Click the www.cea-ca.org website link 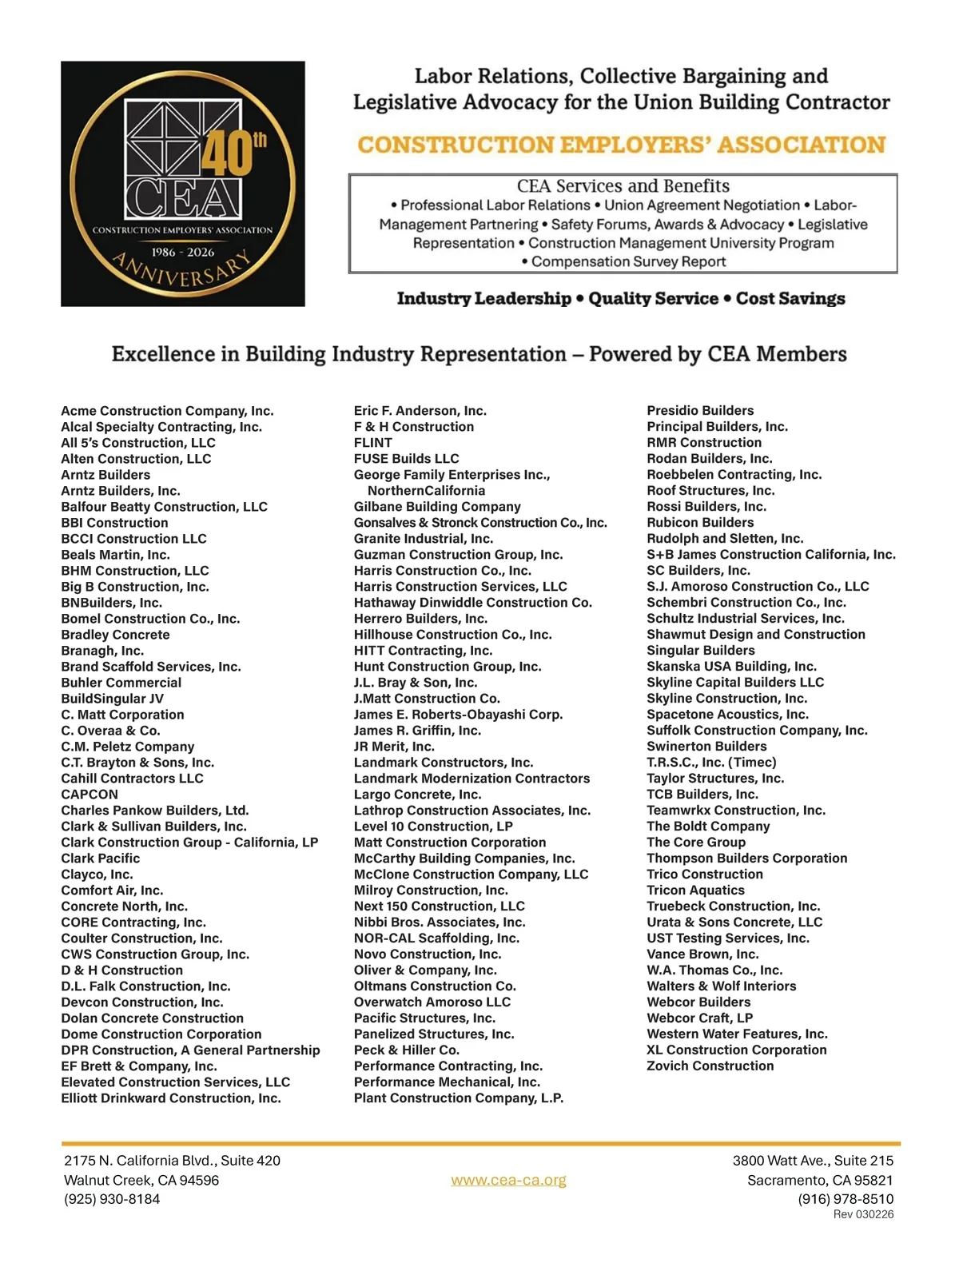click(x=508, y=1180)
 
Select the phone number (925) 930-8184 click(x=112, y=1199)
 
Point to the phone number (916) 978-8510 click(x=846, y=1199)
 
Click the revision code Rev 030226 click(x=863, y=1214)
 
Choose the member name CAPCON click(x=90, y=795)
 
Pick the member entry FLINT click(x=373, y=443)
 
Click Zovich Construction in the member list click(x=710, y=1066)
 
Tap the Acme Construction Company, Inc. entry click(x=167, y=411)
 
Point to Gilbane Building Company click(x=437, y=507)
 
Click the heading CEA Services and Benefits click(x=623, y=186)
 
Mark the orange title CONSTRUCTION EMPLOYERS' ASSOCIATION click(x=622, y=145)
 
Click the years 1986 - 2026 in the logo click(x=183, y=252)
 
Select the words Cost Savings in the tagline click(x=790, y=299)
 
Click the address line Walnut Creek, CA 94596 click(x=141, y=1180)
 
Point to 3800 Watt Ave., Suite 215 click(x=813, y=1161)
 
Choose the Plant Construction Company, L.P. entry click(x=459, y=1098)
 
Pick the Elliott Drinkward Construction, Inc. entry click(x=171, y=1098)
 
